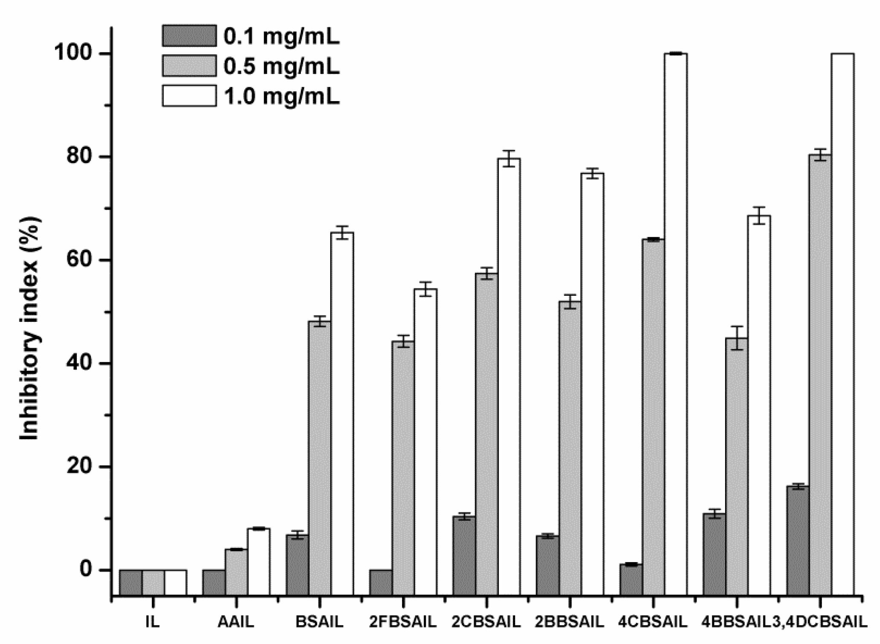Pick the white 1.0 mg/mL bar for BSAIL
(x=342, y=401)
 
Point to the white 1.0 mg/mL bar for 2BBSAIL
(x=592, y=371)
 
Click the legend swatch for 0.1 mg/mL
(x=189, y=35)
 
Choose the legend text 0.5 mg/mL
(x=282, y=67)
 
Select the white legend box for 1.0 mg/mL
(x=189, y=96)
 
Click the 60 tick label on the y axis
(x=84, y=260)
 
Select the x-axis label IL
(x=152, y=622)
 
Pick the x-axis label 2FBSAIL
(x=403, y=622)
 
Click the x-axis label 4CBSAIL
(x=653, y=622)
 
